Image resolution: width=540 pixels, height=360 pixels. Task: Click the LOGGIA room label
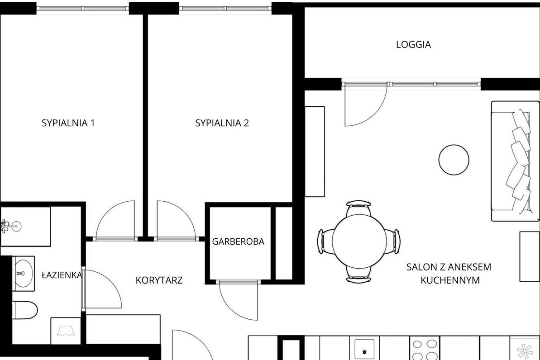(x=413, y=44)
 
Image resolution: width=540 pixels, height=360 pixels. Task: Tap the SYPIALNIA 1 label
(x=68, y=123)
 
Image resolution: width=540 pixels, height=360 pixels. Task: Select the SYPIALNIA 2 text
(x=222, y=123)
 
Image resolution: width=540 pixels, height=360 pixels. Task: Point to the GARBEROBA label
(x=239, y=241)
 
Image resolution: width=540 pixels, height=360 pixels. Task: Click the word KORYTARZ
(x=159, y=280)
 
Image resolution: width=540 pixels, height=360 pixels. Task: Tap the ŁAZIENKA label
(x=62, y=275)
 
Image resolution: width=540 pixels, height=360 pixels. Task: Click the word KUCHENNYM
(x=450, y=280)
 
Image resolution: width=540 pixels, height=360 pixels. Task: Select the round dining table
(x=358, y=241)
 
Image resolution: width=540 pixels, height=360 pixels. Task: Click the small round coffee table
(x=454, y=160)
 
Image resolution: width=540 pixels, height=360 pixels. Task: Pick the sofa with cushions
(x=515, y=161)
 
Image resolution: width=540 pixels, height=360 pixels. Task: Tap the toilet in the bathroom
(x=25, y=310)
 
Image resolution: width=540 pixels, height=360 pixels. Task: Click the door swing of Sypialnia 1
(x=115, y=220)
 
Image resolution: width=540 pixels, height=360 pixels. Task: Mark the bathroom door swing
(x=102, y=289)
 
